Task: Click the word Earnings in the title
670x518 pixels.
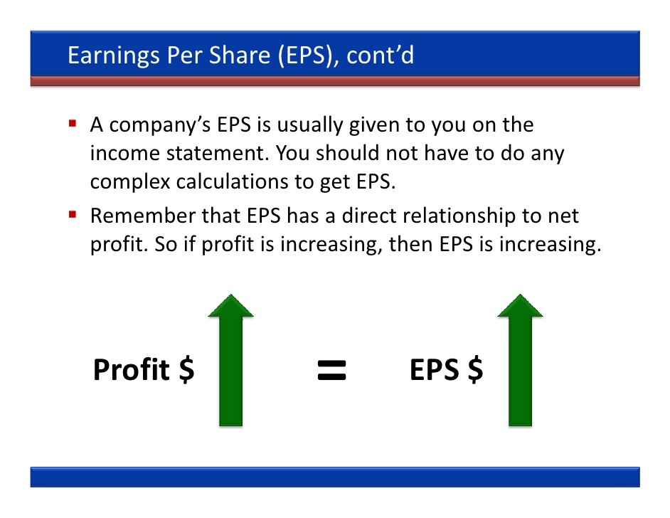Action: tap(114, 56)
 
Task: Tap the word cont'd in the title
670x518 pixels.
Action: tap(380, 55)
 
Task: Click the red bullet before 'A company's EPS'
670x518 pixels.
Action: tap(73, 124)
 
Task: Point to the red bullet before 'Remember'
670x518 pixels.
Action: tap(73, 214)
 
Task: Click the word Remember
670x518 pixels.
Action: tap(143, 216)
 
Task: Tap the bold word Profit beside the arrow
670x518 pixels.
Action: tap(132, 370)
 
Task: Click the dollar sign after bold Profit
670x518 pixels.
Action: tap(186, 370)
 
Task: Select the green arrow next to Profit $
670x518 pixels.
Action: tap(230, 360)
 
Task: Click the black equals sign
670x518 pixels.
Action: tap(331, 370)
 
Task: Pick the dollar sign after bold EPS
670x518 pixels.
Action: tap(475, 370)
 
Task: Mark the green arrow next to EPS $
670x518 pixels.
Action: tap(520, 360)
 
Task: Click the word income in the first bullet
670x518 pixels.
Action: tap(124, 153)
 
